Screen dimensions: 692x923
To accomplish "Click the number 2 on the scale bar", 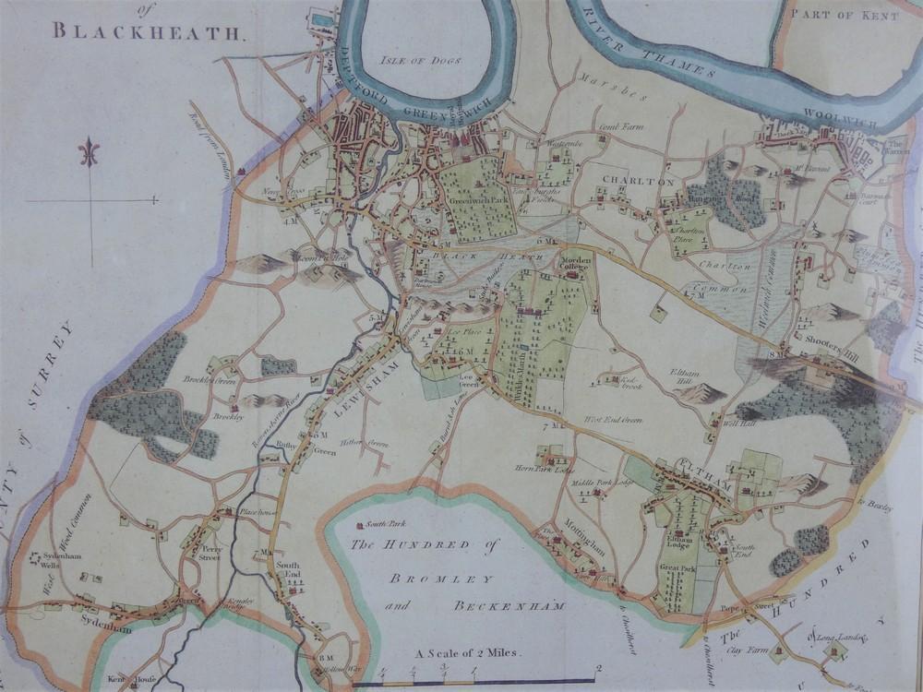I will (x=600, y=669).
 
